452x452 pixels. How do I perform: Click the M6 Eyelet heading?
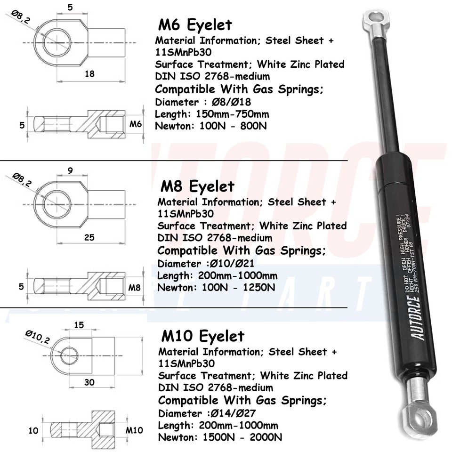pyautogui.click(x=195, y=24)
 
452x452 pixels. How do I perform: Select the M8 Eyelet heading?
pyautogui.click(x=197, y=186)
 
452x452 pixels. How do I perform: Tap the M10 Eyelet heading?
pyautogui.click(x=203, y=336)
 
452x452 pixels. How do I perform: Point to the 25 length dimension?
pyautogui.click(x=89, y=237)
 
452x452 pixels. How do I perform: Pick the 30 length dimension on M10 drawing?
pyautogui.click(x=89, y=382)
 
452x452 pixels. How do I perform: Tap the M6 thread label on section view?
pyautogui.click(x=136, y=124)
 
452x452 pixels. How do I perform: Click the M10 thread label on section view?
pyautogui.click(x=134, y=430)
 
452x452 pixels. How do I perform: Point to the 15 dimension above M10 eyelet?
pyautogui.click(x=79, y=325)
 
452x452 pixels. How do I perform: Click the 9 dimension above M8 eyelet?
pyautogui.click(x=70, y=171)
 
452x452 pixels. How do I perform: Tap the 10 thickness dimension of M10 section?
pyautogui.click(x=33, y=430)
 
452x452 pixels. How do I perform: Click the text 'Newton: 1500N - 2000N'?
pyautogui.click(x=220, y=437)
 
